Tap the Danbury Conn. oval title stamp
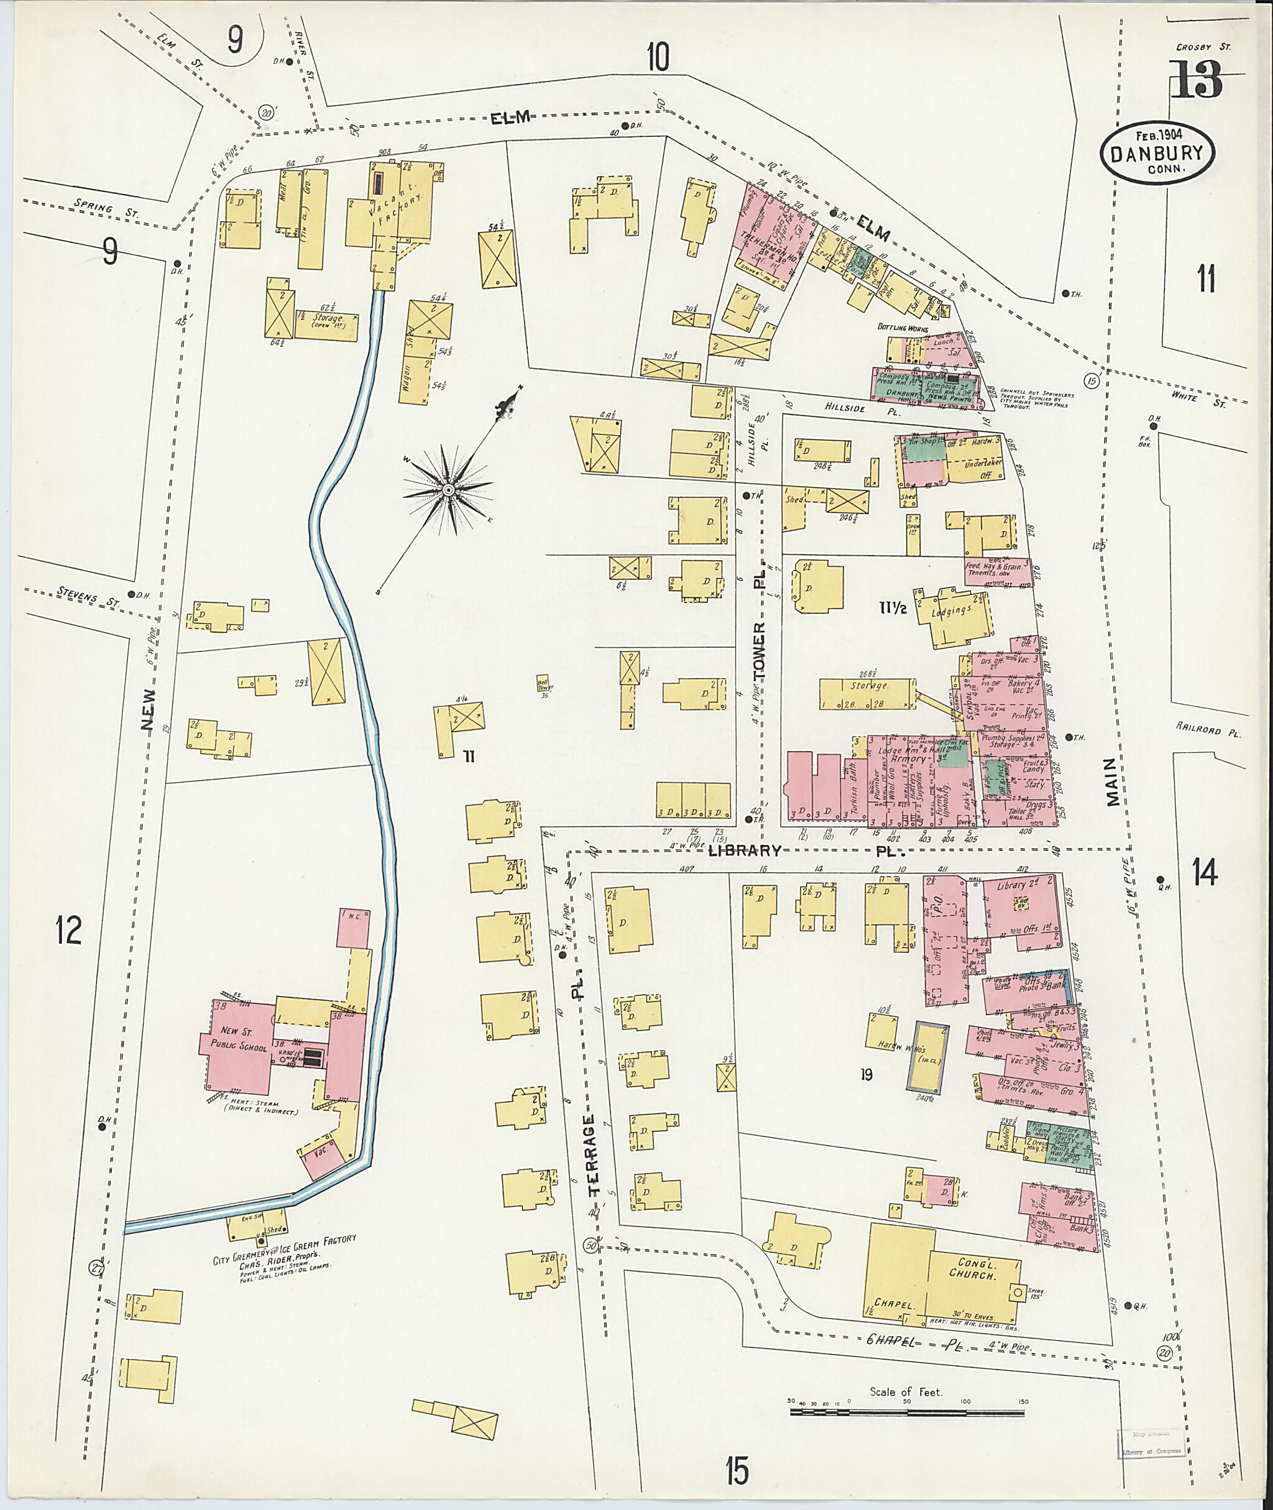click(x=1157, y=154)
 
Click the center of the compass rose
click(x=448, y=489)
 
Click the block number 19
click(x=866, y=1075)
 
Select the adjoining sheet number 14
click(x=1205, y=874)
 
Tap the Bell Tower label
click(x=543, y=683)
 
